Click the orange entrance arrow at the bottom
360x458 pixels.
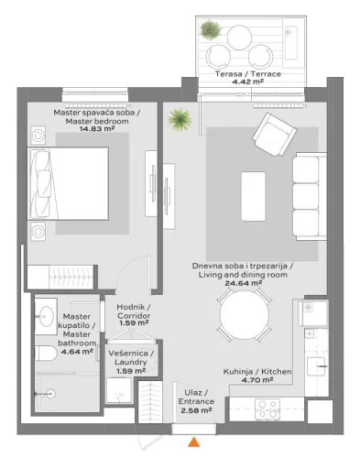click(193, 443)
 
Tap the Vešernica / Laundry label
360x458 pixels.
click(130, 358)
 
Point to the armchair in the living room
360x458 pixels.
click(273, 134)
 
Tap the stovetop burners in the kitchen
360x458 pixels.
click(266, 406)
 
